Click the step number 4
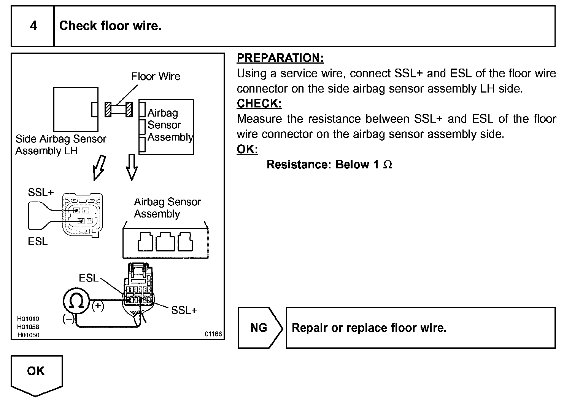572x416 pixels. click(x=33, y=26)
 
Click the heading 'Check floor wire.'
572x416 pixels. click(x=110, y=26)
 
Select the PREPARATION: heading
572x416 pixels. click(x=280, y=58)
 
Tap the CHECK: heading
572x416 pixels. click(x=259, y=103)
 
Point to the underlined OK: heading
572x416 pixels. click(x=247, y=149)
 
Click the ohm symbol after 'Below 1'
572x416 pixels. click(x=388, y=165)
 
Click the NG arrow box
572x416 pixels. click(x=260, y=328)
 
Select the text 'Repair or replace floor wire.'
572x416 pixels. click(x=369, y=328)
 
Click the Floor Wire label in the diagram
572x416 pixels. click(x=156, y=76)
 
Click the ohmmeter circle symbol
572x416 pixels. click(x=76, y=301)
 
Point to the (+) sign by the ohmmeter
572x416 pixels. click(x=98, y=306)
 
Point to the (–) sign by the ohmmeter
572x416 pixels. click(x=68, y=319)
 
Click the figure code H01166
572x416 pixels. click(x=211, y=334)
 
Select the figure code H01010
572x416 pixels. click(x=28, y=319)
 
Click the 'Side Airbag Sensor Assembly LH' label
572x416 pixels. click(x=61, y=145)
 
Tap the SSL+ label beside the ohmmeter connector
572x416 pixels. click(x=184, y=310)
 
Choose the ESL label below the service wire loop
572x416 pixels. click(x=38, y=241)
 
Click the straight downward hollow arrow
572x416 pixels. click(x=132, y=167)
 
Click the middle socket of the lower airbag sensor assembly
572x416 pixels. click(x=165, y=242)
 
